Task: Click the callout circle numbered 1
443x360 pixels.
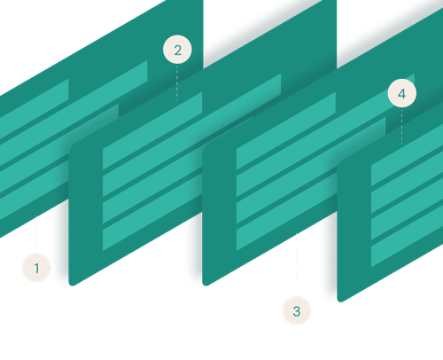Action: [36, 266]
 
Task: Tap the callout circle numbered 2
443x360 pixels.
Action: [177, 50]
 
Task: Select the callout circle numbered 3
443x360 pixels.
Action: [296, 311]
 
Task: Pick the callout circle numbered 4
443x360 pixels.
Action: [401, 94]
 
